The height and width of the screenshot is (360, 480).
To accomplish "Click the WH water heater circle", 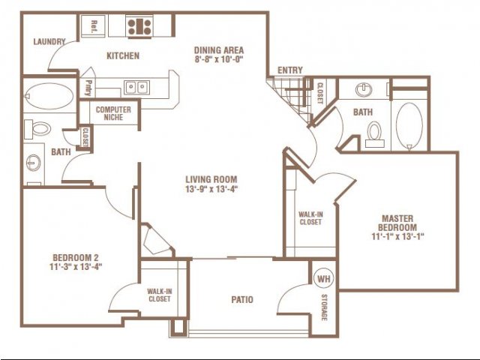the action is tap(324, 279).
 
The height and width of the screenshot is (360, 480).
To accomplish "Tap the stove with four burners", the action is tap(139, 27).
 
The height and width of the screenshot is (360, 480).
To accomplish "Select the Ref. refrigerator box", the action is tap(93, 26).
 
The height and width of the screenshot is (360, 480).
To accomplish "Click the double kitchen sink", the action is tap(136, 88).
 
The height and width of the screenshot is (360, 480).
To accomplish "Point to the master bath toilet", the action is tap(374, 135).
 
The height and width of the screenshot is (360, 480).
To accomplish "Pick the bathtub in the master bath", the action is tap(409, 126).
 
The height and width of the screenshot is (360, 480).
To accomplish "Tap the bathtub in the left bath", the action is tap(49, 97).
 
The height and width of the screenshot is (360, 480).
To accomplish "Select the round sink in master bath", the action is tap(364, 90).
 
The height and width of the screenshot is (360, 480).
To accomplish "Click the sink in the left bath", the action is tap(33, 163).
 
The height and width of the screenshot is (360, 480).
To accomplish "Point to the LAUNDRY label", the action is tap(49, 42).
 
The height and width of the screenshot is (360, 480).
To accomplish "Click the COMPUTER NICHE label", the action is tap(113, 113).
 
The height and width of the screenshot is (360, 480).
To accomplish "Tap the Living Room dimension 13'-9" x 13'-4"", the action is tap(211, 189).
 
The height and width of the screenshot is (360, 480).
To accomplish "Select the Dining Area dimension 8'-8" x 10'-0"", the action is tap(219, 59).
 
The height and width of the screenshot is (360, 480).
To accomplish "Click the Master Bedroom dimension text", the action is tap(397, 236).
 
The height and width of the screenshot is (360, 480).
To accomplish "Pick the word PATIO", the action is tap(242, 299).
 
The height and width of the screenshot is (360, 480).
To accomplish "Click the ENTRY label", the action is tap(290, 70).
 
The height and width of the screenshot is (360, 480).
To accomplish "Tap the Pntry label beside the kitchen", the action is tap(88, 88).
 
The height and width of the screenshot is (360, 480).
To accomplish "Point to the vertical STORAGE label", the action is tap(323, 307).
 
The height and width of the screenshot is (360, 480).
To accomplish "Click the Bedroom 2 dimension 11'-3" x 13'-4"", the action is tap(76, 267).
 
